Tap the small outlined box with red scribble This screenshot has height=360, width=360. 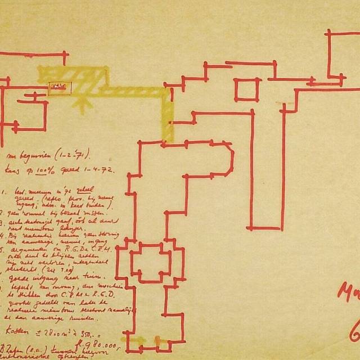(x=60, y=87)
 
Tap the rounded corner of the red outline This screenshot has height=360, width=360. (x=230, y=151)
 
